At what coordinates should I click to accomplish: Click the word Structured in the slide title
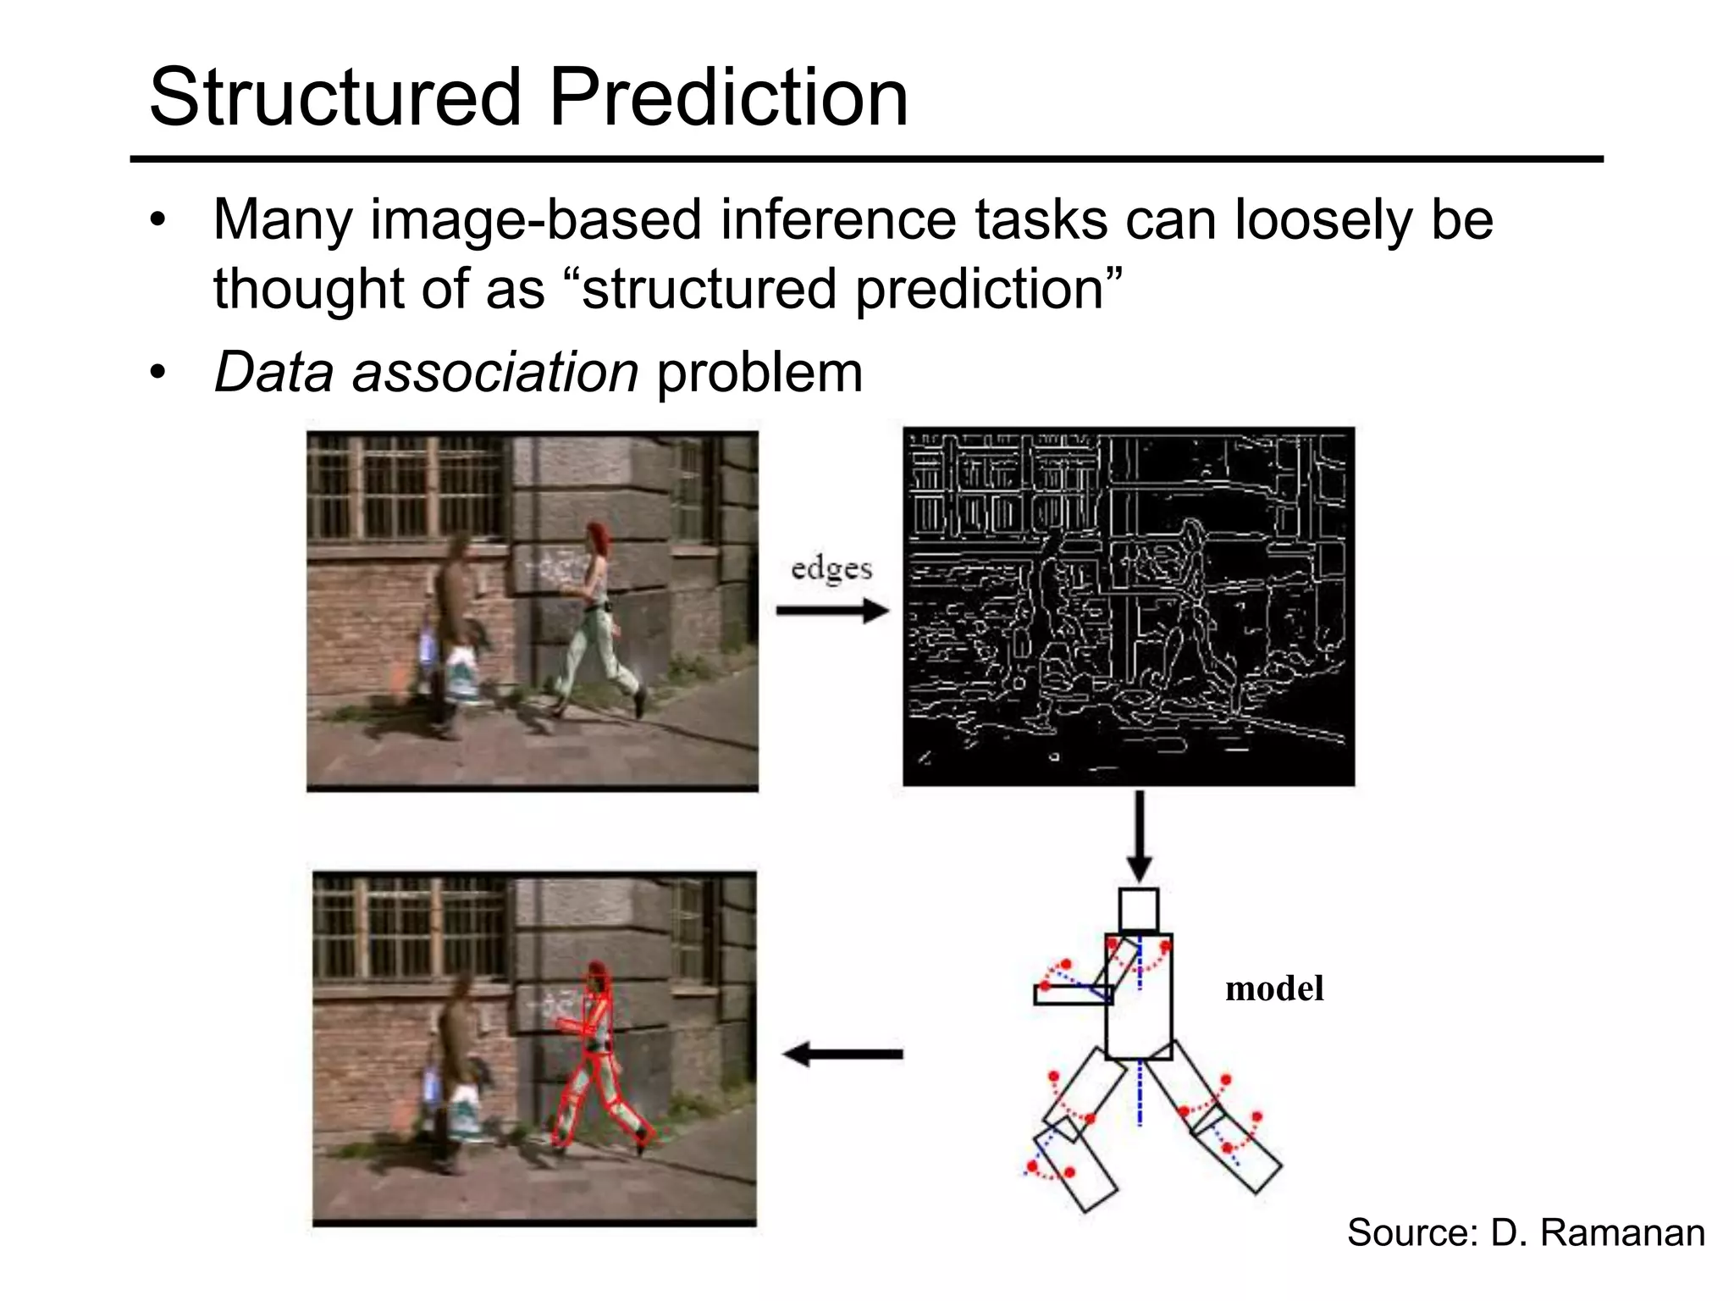pos(334,97)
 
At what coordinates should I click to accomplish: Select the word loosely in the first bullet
pos(1323,220)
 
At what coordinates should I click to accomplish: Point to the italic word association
pos(494,373)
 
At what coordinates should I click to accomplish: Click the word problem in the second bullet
pos(759,373)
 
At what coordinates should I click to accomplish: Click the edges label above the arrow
pos(831,569)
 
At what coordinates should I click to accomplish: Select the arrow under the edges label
pos(831,611)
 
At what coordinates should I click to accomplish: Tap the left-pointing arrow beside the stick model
pos(842,1055)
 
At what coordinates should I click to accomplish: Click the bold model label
pos(1273,988)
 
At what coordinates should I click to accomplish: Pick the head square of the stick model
pos(1138,910)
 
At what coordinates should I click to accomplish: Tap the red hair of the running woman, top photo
pos(599,535)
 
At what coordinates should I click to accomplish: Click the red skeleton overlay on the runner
pos(598,1059)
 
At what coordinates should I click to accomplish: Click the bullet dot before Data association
pos(157,373)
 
